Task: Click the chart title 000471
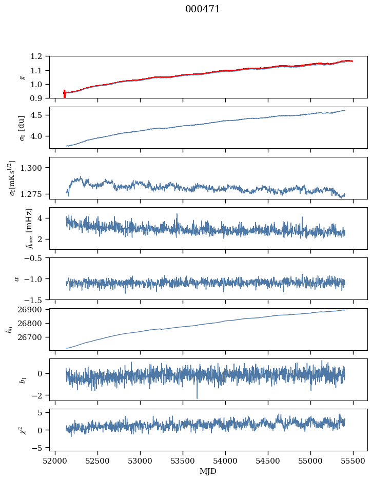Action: point(203,9)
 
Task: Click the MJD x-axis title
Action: point(208,471)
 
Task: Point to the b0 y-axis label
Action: point(9,329)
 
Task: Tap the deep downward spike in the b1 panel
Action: point(197,397)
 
